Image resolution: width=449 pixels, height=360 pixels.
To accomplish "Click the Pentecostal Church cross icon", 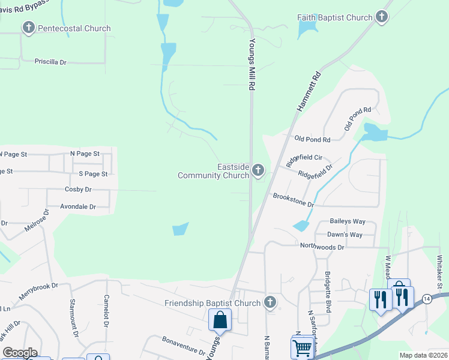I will click(x=28, y=28).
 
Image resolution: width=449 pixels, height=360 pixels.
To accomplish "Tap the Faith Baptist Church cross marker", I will click(x=382, y=17).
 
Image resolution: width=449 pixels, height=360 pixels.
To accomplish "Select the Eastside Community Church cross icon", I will click(x=258, y=171).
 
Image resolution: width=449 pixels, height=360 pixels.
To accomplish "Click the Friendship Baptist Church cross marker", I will click(x=271, y=303).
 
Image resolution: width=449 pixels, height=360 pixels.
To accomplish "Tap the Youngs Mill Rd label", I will click(x=253, y=65).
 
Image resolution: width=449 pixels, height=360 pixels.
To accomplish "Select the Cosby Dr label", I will click(x=77, y=190).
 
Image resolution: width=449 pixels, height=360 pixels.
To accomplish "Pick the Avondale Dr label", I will click(x=78, y=206).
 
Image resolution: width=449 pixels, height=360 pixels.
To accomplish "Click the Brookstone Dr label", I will click(x=294, y=200).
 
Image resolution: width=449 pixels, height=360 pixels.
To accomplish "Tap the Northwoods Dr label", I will click(x=322, y=247).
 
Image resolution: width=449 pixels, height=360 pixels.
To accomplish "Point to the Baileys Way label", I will click(x=348, y=221).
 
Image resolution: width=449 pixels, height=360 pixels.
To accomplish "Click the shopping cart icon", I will click(x=302, y=347).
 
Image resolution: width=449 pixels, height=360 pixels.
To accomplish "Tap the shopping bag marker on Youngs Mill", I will click(x=220, y=319).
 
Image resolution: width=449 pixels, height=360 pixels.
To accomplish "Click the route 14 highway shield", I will click(x=426, y=298).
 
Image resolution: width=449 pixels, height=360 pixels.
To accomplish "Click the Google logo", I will click(x=20, y=353).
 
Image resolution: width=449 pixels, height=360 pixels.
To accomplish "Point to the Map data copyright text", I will click(x=423, y=355).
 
